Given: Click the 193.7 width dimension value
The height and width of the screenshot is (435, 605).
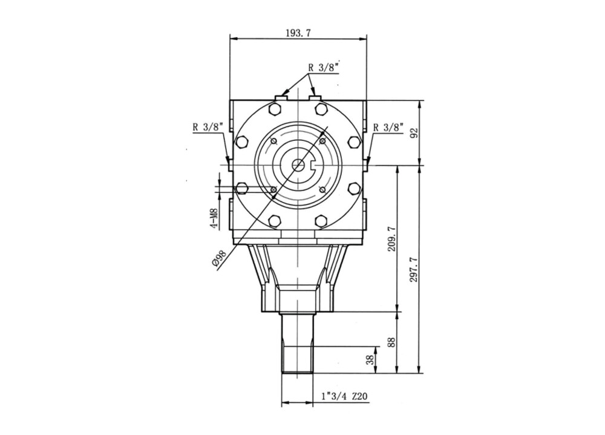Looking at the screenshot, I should [x=298, y=33].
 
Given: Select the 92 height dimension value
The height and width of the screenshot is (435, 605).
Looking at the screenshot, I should [x=414, y=132].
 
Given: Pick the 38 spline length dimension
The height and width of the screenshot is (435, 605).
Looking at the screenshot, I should [x=369, y=360].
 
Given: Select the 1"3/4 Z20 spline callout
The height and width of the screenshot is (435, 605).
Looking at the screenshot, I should [x=344, y=397].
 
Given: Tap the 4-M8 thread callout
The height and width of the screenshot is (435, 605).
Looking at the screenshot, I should [x=214, y=218].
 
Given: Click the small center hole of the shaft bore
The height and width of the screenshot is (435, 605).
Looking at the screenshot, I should [x=298, y=165].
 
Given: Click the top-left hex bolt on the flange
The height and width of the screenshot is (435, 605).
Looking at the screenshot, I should [x=275, y=109].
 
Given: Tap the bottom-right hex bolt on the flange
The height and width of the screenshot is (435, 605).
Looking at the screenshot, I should [x=321, y=221].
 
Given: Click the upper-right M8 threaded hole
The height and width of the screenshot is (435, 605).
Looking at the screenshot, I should [x=322, y=141].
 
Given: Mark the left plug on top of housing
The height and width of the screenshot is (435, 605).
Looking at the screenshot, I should [x=281, y=97].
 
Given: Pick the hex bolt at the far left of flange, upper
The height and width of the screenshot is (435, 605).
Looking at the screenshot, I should [x=241, y=142].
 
